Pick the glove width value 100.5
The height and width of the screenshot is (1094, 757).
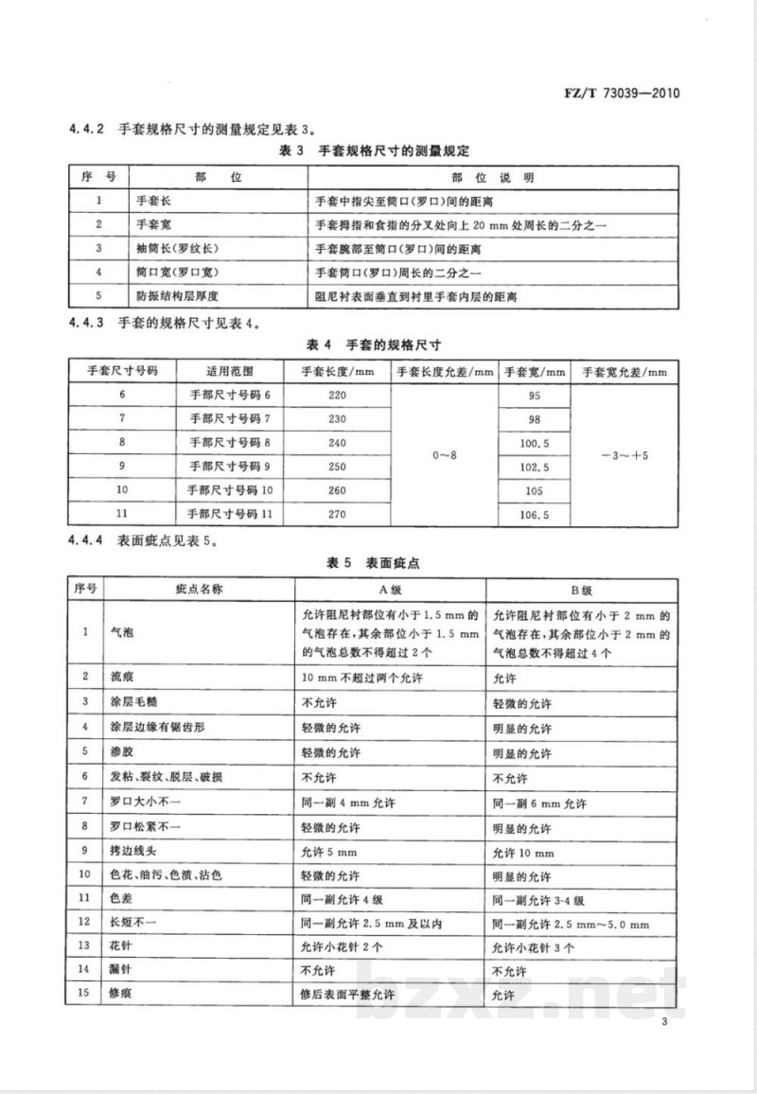534,443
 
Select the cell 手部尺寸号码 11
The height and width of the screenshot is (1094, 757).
230,514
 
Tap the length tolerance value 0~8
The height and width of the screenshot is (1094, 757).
444,455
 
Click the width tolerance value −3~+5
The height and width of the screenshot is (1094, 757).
625,455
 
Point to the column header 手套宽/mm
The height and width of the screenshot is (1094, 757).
534,371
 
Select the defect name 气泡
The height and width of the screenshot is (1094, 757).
122,631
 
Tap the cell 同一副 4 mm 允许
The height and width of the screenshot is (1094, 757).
351,803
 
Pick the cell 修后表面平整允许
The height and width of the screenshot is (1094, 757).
347,995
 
